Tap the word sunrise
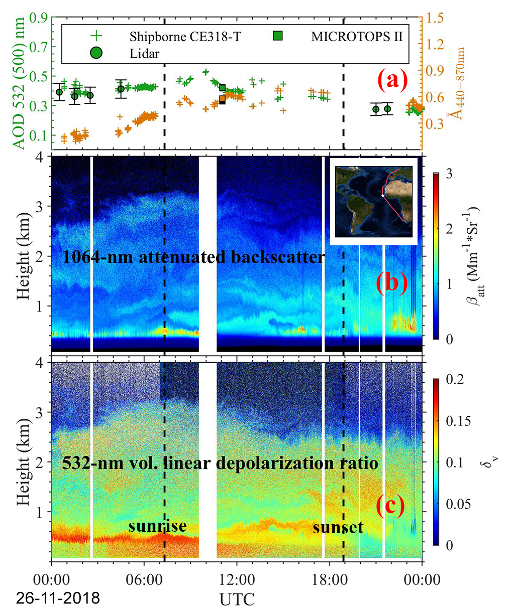(x=157, y=526)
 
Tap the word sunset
(x=338, y=527)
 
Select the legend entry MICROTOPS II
(x=357, y=36)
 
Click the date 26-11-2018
(x=57, y=598)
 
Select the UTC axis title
(x=237, y=599)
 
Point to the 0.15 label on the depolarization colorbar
(x=458, y=420)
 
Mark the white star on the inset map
(x=383, y=195)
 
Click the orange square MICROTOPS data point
(x=222, y=99)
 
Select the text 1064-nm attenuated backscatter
(x=194, y=257)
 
